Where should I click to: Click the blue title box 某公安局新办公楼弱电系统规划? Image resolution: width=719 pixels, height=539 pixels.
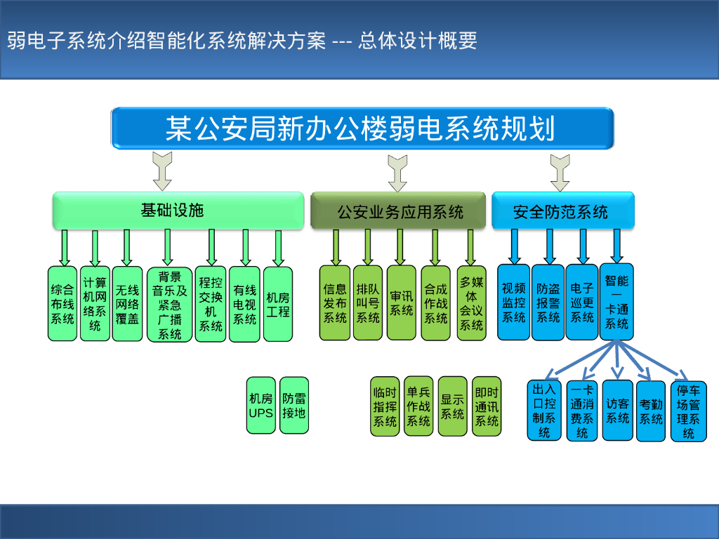(x=362, y=128)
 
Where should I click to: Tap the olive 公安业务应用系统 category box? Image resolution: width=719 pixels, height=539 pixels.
(x=398, y=211)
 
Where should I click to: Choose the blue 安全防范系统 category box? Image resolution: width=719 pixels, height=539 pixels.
(x=562, y=211)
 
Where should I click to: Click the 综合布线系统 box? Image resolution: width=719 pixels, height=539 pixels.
(x=62, y=303)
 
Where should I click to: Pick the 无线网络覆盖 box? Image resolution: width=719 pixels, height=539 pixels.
(x=127, y=303)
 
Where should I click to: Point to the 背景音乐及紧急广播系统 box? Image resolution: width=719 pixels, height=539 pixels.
(x=169, y=305)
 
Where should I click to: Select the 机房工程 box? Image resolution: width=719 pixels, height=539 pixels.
(x=278, y=303)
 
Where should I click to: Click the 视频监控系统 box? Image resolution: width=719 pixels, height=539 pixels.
(x=514, y=302)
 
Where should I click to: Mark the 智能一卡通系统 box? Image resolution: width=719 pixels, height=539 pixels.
(x=616, y=302)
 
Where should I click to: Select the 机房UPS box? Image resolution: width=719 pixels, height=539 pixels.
(x=261, y=405)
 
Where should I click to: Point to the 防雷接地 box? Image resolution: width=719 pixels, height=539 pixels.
(x=294, y=405)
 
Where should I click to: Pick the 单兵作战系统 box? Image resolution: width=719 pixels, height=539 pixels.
(x=418, y=406)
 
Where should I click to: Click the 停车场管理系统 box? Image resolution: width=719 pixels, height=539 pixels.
(x=688, y=411)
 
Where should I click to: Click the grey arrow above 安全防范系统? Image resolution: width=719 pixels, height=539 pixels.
(x=560, y=173)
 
